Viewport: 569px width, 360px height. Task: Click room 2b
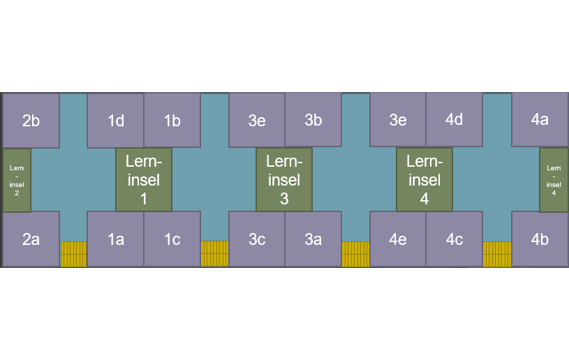click(31, 120)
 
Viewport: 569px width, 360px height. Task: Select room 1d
click(115, 120)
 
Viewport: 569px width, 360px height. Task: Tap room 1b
click(172, 120)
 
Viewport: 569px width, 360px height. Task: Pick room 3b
click(313, 120)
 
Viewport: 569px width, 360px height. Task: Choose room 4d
click(454, 120)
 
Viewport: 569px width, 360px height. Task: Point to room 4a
click(540, 120)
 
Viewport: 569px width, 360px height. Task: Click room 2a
click(31, 239)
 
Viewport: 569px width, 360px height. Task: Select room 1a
click(115, 239)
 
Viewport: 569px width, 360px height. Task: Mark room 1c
click(172, 239)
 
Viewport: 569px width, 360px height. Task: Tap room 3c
click(257, 239)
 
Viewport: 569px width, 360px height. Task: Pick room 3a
click(313, 239)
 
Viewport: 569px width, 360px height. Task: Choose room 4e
click(398, 239)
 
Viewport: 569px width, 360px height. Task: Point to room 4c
click(454, 239)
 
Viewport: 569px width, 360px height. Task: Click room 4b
click(540, 239)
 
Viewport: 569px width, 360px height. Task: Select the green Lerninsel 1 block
click(143, 179)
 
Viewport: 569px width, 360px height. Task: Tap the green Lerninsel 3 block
click(284, 179)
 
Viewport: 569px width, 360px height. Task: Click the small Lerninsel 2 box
click(17, 180)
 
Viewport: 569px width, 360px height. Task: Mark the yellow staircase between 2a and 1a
click(73, 254)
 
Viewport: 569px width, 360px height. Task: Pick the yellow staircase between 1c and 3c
click(214, 254)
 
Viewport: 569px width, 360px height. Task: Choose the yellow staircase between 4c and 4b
click(496, 254)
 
